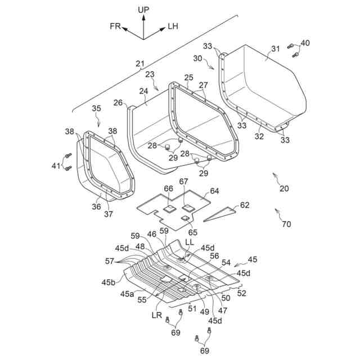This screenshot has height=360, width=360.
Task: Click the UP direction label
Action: (x=143, y=10)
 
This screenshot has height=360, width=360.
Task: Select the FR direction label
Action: (x=116, y=25)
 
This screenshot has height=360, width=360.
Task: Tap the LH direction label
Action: (x=173, y=25)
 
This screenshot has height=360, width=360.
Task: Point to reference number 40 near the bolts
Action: (x=305, y=43)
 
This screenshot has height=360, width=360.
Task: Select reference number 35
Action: (x=96, y=108)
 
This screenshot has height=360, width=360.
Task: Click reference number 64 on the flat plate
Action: (x=214, y=191)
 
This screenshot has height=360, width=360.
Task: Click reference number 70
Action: (x=286, y=224)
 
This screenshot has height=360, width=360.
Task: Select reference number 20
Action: (x=283, y=188)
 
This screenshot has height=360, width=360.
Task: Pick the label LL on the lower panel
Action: (x=190, y=242)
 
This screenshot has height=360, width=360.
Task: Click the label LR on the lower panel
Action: (x=156, y=315)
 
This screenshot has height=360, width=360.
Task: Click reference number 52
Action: (x=241, y=292)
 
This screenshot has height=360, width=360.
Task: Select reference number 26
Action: (x=118, y=102)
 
